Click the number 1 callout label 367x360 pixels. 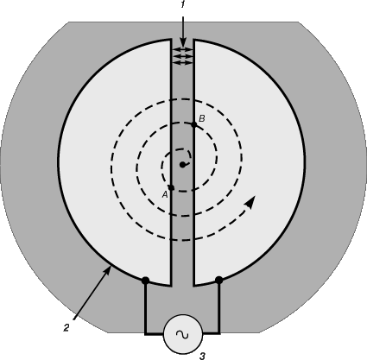click(x=182, y=5)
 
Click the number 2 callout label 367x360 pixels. click(x=66, y=328)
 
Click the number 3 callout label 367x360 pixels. click(x=202, y=356)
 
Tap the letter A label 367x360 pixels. click(x=165, y=195)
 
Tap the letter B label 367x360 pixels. click(x=202, y=118)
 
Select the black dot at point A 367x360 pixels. click(x=172, y=188)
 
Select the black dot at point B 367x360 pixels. click(x=194, y=124)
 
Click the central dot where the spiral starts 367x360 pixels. click(x=182, y=165)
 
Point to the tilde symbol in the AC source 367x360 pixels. click(x=182, y=334)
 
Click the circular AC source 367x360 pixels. click(x=183, y=334)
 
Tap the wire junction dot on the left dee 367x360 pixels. click(x=146, y=280)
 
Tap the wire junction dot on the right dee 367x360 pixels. click(x=219, y=280)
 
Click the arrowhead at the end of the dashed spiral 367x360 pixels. click(x=250, y=202)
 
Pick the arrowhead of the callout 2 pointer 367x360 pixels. click(x=108, y=269)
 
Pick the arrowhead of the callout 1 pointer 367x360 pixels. click(x=182, y=41)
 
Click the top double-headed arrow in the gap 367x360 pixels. click(x=182, y=49)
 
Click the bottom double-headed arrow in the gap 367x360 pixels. click(x=182, y=63)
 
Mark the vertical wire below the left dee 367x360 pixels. click(x=145, y=307)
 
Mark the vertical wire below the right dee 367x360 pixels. click(x=219, y=307)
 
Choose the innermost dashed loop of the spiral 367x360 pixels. click(x=162, y=166)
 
